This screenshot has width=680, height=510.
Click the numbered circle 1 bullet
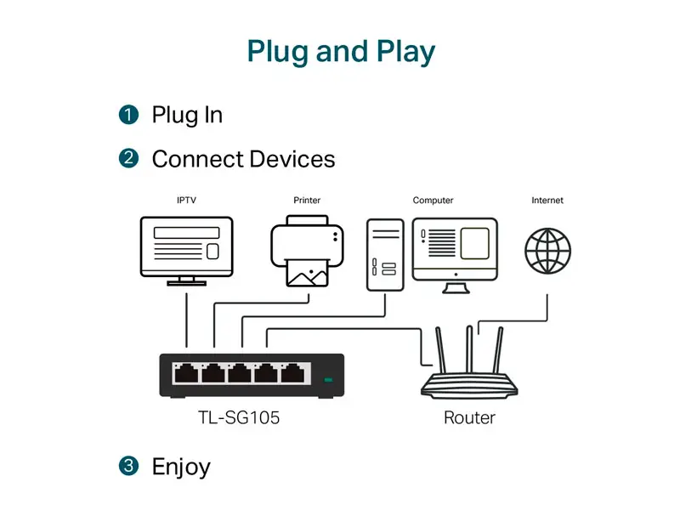click(x=128, y=115)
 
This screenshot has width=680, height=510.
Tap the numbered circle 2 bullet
click(x=128, y=158)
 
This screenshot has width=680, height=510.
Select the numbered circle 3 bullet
click(x=128, y=466)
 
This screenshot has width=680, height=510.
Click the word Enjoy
click(x=181, y=467)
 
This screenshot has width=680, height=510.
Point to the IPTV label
click(x=186, y=201)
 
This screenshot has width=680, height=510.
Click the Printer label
click(x=307, y=201)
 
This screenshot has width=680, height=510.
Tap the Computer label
click(x=433, y=201)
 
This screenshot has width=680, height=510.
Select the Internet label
click(x=547, y=201)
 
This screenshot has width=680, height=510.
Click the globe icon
click(x=547, y=251)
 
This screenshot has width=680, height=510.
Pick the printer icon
click(x=307, y=251)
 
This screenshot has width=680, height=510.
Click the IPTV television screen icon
click(x=186, y=251)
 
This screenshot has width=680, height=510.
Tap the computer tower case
click(x=385, y=255)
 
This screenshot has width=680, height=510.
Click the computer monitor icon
click(x=455, y=256)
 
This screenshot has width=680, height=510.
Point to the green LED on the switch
click(x=328, y=380)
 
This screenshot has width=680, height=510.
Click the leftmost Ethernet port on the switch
click(x=186, y=373)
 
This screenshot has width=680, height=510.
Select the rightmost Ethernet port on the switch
click(x=292, y=373)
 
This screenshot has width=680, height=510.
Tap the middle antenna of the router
click(x=469, y=349)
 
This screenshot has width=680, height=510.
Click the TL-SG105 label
click(x=239, y=417)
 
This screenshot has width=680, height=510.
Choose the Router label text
click(x=469, y=417)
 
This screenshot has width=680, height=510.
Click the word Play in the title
click(x=405, y=52)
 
